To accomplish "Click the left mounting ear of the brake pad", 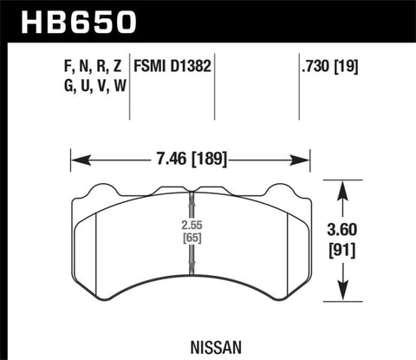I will click(x=105, y=188).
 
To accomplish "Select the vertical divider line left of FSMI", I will click(x=130, y=87).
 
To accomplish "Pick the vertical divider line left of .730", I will click(x=297, y=87).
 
